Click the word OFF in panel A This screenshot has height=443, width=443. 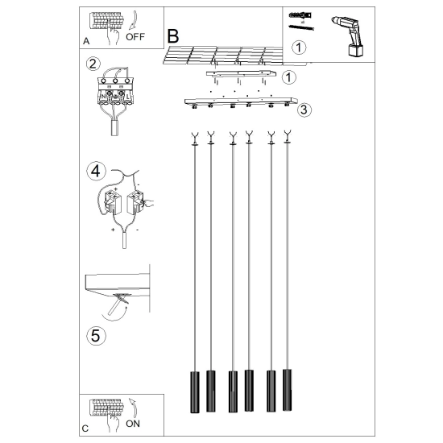(135, 37)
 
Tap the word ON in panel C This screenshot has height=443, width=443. (133, 424)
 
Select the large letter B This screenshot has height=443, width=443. (173, 36)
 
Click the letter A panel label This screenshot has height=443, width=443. (86, 41)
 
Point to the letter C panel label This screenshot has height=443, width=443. (85, 429)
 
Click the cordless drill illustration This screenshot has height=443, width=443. (348, 35)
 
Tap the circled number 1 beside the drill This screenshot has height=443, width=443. (299, 48)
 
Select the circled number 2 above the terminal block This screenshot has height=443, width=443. (93, 64)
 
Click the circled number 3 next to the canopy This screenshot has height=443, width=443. (304, 110)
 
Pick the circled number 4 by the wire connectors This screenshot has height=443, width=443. (96, 172)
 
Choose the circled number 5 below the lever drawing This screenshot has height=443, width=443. (96, 336)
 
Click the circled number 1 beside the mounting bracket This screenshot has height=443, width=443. (288, 77)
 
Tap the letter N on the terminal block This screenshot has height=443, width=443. (103, 97)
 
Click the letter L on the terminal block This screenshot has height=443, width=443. (128, 97)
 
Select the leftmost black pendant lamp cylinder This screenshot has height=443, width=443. (195, 392)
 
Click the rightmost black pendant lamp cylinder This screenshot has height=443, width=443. (288, 390)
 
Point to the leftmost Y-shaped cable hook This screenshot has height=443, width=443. (195, 139)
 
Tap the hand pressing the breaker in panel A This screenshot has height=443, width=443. (114, 35)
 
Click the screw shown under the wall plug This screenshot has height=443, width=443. (301, 27)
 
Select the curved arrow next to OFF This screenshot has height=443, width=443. (134, 20)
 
